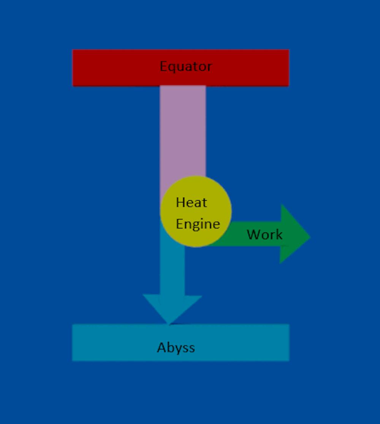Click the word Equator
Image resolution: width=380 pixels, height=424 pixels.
185,66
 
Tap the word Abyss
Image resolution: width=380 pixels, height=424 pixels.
176,347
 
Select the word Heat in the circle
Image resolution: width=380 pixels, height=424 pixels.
191,202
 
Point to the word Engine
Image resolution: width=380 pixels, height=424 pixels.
198,224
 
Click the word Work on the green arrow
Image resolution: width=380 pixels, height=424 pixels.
264,234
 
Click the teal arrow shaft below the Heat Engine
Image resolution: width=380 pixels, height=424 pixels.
172,266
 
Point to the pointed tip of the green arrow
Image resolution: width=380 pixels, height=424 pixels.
309,237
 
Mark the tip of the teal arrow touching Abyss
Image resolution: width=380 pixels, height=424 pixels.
169,323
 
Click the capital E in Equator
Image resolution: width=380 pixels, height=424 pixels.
163,66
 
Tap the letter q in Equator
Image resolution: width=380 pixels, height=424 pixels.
171,68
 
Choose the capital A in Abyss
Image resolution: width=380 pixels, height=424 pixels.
162,347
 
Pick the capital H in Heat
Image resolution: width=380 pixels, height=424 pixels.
180,202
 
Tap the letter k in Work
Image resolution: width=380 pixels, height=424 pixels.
279,234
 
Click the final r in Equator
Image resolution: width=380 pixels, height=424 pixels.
209,67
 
